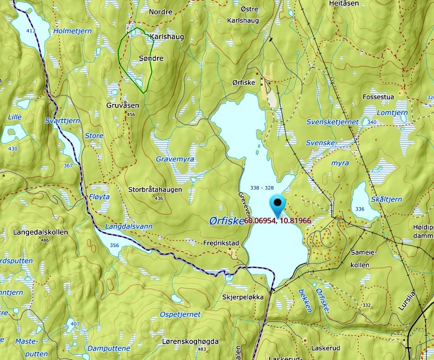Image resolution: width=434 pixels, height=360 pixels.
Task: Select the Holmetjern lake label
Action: (73, 31)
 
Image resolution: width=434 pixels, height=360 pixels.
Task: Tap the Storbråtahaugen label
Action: (155, 189)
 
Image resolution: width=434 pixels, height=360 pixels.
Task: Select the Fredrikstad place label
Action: (222, 243)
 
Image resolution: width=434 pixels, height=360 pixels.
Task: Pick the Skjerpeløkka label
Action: (243, 297)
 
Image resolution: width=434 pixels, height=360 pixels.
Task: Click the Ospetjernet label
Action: (181, 314)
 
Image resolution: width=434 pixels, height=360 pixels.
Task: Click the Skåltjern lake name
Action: (386, 199)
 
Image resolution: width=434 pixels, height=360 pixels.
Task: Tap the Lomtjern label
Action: (393, 112)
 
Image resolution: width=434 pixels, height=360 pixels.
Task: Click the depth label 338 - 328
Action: (262, 188)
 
